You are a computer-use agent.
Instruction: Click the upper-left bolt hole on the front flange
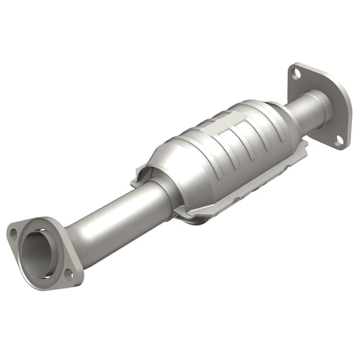[13, 232]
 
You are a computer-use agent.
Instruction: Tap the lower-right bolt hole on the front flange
[68, 272]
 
